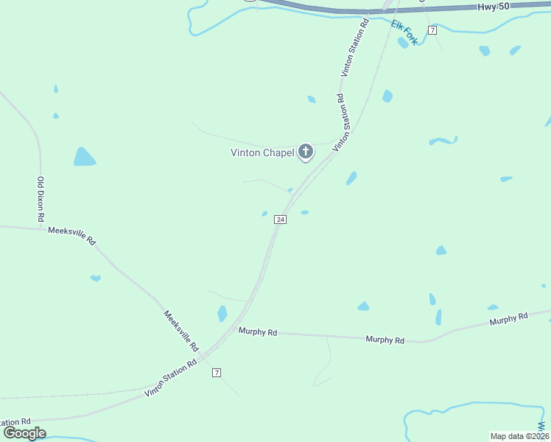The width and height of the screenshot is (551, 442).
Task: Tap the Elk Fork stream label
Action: coord(404,32)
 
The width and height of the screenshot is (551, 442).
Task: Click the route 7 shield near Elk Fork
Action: coord(432,29)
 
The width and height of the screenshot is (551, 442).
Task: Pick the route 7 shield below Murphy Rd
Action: coord(217,373)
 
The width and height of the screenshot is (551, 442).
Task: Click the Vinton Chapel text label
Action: coord(262,153)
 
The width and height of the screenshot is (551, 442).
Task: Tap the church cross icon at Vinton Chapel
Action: coord(306,152)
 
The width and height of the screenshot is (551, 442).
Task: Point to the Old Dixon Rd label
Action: coord(41,200)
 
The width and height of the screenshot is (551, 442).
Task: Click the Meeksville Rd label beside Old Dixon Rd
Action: coord(71,236)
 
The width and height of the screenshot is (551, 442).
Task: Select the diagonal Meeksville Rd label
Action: coord(181,330)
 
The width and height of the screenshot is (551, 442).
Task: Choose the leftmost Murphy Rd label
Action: coord(258,332)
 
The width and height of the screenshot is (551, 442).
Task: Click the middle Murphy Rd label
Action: coord(385,340)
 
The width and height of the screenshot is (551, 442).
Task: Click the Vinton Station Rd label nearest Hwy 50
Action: coord(354,49)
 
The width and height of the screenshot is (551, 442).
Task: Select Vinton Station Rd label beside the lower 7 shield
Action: coord(172,377)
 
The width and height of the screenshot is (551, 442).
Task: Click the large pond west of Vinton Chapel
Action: coord(83,157)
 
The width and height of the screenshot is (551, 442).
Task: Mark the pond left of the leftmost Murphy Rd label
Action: coord(222,314)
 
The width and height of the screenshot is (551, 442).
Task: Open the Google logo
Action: coord(25,433)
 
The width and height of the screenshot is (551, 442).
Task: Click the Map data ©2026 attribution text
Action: coord(519,435)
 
